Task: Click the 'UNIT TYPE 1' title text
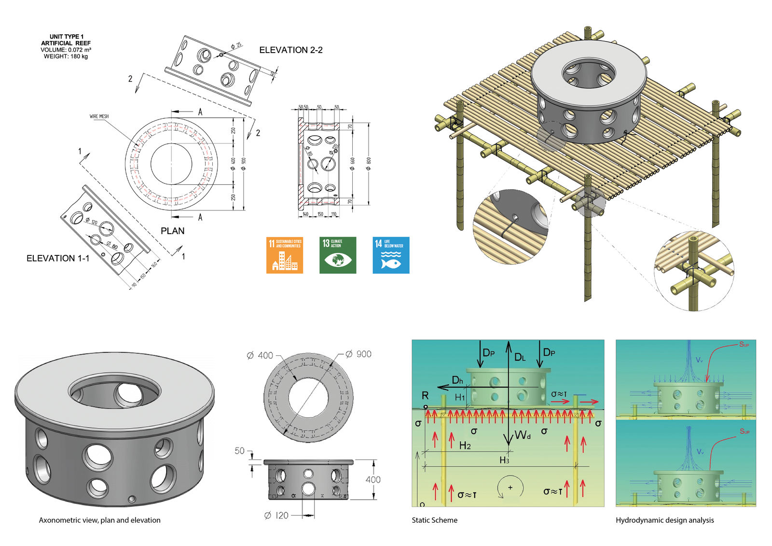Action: click(x=66, y=37)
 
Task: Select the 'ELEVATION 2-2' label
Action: click(x=291, y=50)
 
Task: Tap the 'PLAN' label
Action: click(x=172, y=231)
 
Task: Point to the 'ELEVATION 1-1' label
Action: click(x=58, y=259)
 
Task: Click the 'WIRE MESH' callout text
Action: click(x=99, y=116)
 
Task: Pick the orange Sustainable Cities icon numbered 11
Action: click(x=285, y=255)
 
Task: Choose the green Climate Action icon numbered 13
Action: click(x=338, y=255)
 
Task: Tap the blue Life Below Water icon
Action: click(x=391, y=255)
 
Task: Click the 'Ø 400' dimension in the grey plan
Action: click(x=260, y=356)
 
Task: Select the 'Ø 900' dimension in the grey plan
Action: click(x=358, y=354)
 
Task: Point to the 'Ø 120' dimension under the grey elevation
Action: click(x=276, y=516)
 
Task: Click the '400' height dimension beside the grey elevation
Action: click(x=373, y=479)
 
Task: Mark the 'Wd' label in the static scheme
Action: click(x=523, y=435)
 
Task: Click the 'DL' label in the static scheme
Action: click(x=520, y=357)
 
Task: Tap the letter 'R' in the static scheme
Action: click(x=425, y=395)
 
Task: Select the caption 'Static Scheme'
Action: click(x=434, y=520)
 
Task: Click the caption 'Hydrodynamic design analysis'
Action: click(x=664, y=520)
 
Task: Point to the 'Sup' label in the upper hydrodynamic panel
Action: click(x=744, y=345)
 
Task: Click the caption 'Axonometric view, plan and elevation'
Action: click(x=100, y=520)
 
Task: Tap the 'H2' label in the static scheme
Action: click(x=465, y=446)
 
